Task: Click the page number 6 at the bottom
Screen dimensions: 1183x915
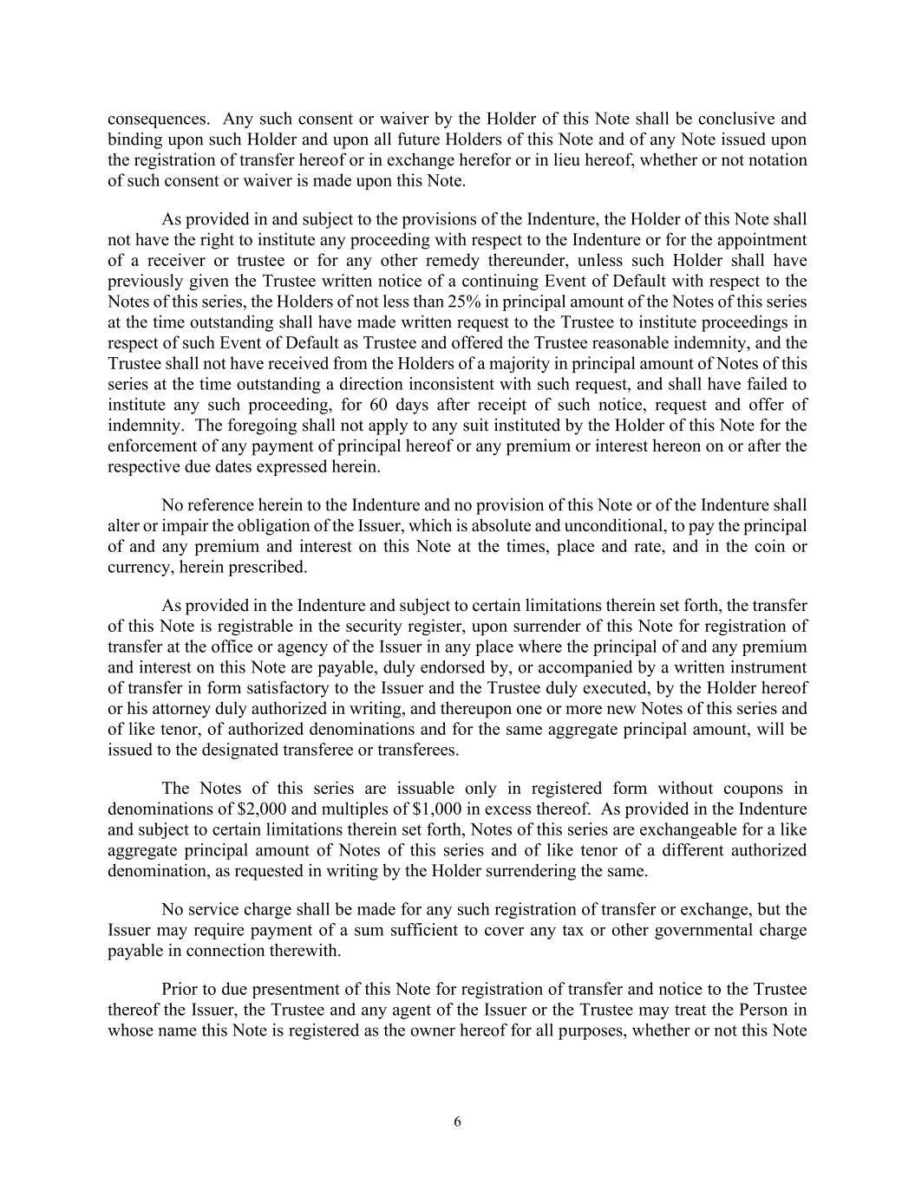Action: [x=457, y=1122]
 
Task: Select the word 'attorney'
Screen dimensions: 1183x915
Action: [x=169, y=709]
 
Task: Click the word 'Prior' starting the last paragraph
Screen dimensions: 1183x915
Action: [x=180, y=990]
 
